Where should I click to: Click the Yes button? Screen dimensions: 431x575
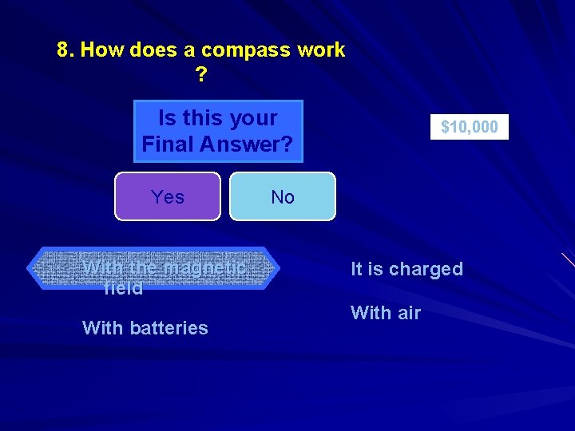tap(168, 196)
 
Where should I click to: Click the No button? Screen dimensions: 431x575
tap(283, 196)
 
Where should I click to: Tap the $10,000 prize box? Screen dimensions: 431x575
tap(470, 127)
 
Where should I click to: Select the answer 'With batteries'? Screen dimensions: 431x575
tap(145, 328)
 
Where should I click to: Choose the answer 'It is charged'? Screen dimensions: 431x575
tap(406, 269)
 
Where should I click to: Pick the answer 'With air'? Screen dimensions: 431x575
tap(385, 313)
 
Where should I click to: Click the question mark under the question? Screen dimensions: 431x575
tap(200, 76)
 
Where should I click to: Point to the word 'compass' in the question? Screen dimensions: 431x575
tap(246, 50)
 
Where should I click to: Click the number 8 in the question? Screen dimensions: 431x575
tap(63, 50)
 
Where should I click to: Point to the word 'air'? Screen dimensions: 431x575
tap(409, 313)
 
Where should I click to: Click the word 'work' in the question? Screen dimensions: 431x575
tap(321, 50)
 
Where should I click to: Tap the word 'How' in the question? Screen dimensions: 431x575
tap(101, 50)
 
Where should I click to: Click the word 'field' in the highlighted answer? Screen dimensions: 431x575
tap(124, 288)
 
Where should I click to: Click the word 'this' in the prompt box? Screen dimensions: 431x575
tap(200, 118)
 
